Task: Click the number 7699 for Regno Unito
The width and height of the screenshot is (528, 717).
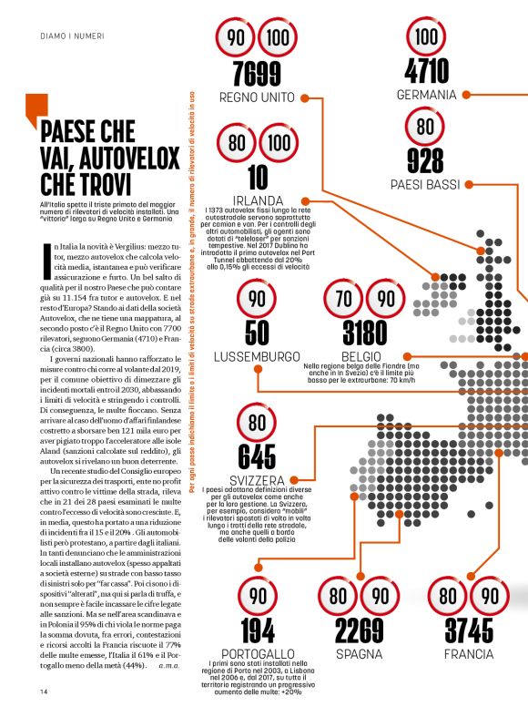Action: pos(256,72)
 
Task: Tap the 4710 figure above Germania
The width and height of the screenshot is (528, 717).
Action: pos(426,70)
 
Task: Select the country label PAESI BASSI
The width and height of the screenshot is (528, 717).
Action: pos(425,186)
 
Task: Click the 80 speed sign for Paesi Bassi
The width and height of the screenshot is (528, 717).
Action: pos(425,126)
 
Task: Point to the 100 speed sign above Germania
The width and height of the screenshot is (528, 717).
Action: pos(426,37)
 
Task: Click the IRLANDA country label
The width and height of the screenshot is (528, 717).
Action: pos(258,200)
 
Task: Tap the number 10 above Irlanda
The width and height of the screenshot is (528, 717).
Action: pos(258,175)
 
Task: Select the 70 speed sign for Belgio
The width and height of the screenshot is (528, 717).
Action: pos(345,300)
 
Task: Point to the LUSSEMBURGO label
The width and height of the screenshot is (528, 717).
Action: pos(258,356)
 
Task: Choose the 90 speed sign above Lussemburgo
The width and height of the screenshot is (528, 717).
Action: pos(258,300)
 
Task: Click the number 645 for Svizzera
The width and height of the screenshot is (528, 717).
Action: pos(257,456)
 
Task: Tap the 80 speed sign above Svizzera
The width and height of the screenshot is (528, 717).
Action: pos(258,423)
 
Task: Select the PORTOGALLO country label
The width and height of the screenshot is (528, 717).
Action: pos(258,654)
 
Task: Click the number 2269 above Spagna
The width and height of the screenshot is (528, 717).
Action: pos(359,630)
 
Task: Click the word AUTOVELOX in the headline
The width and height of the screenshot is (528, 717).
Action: pos(120,159)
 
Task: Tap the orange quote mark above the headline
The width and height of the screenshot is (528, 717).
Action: pos(36,107)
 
